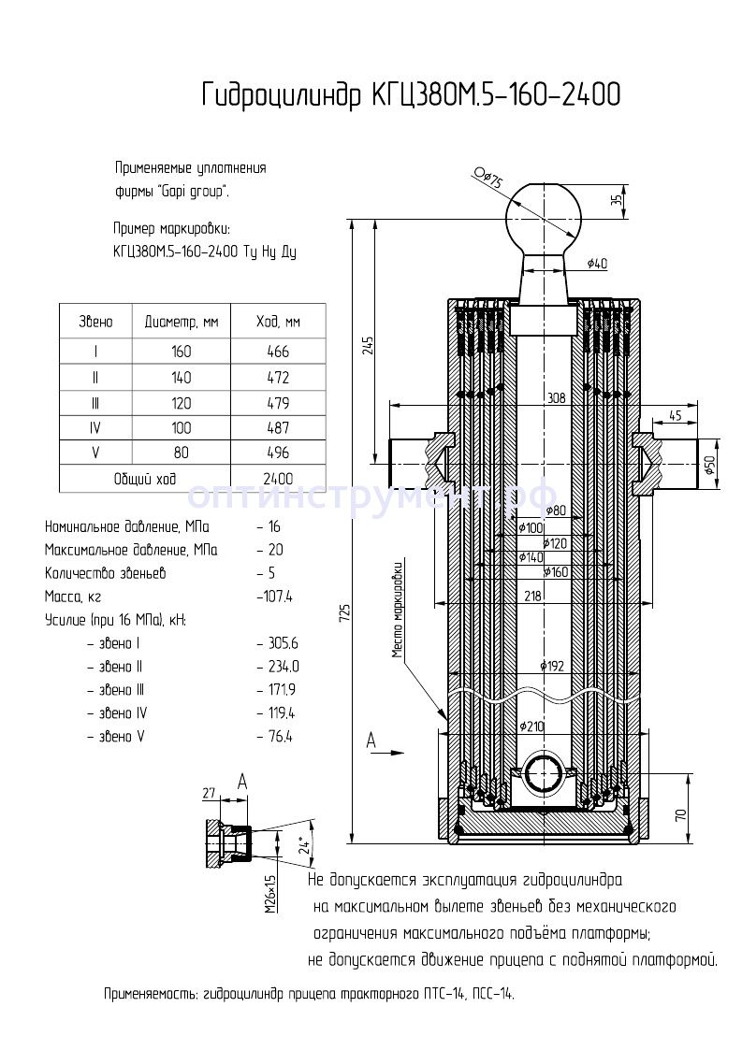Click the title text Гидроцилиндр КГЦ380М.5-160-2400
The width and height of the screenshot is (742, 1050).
(x=411, y=95)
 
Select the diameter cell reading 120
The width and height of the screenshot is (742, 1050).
(x=181, y=403)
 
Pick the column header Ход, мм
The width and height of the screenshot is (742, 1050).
(x=278, y=322)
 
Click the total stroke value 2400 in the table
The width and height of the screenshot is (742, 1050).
(x=278, y=479)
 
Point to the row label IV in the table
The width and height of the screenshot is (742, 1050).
(x=95, y=428)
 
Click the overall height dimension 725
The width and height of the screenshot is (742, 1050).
(x=344, y=613)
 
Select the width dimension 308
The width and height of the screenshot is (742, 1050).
(x=557, y=397)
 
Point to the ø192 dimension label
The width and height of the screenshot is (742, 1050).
(x=552, y=666)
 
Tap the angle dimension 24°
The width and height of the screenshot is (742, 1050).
(x=301, y=844)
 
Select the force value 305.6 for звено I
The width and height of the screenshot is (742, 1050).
(x=277, y=643)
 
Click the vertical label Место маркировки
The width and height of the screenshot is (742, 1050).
(x=399, y=608)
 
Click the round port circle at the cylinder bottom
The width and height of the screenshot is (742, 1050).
(x=543, y=777)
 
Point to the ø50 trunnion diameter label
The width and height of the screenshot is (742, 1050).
(x=709, y=465)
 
